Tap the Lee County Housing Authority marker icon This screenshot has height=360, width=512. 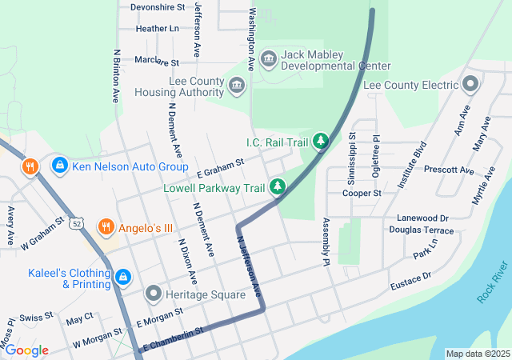coord(237,85)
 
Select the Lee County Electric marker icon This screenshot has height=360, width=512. coord(470,83)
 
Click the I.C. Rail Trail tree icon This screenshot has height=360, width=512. coord(320,142)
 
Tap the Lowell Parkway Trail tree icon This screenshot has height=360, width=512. coord(277,186)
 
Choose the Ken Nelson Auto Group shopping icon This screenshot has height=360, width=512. coord(58,166)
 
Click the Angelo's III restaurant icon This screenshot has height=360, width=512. coord(106,227)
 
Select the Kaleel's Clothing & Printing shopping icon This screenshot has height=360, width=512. coord(122,278)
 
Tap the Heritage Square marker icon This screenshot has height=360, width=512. coord(153,294)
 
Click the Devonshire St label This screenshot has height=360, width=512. coord(158,6)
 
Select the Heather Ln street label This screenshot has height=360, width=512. coord(158,28)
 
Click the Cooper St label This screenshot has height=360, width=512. coord(362,193)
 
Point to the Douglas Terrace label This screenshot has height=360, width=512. coord(422,230)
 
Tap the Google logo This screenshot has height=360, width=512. coord(26,350)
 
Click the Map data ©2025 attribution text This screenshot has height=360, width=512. coord(477,354)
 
